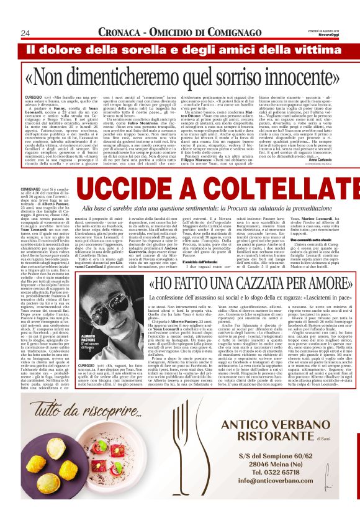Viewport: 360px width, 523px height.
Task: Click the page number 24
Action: (x=26, y=32)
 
